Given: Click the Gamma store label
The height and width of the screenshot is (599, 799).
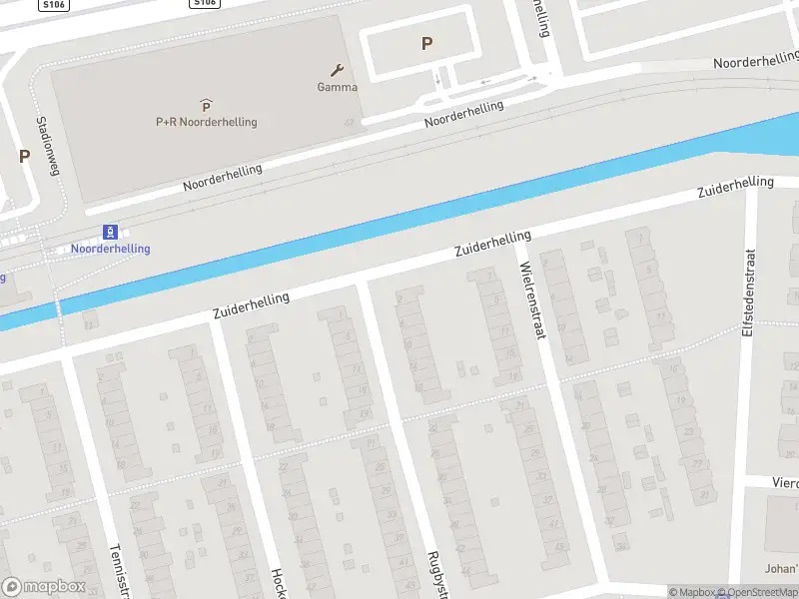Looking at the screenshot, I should (338, 87).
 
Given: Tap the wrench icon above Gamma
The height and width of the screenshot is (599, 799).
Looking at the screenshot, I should (338, 70).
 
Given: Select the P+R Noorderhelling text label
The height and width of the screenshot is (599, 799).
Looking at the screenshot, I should (206, 122).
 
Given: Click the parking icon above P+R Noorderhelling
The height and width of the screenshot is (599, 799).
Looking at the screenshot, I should (206, 105).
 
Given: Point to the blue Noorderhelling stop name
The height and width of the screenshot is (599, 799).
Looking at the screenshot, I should (110, 249).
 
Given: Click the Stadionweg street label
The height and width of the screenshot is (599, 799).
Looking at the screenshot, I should (47, 146).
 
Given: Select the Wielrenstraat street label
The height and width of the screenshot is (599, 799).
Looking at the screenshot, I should (533, 299).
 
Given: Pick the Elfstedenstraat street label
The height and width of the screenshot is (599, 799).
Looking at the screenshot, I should (748, 291).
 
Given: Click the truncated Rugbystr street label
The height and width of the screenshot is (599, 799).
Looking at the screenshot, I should (436, 574).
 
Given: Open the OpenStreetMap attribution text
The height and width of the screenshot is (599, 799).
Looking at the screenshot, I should (762, 593).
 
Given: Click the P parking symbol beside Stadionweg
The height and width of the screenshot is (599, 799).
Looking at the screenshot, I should (24, 156).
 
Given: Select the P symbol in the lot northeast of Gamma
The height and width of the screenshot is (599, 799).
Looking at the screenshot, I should (427, 43).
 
